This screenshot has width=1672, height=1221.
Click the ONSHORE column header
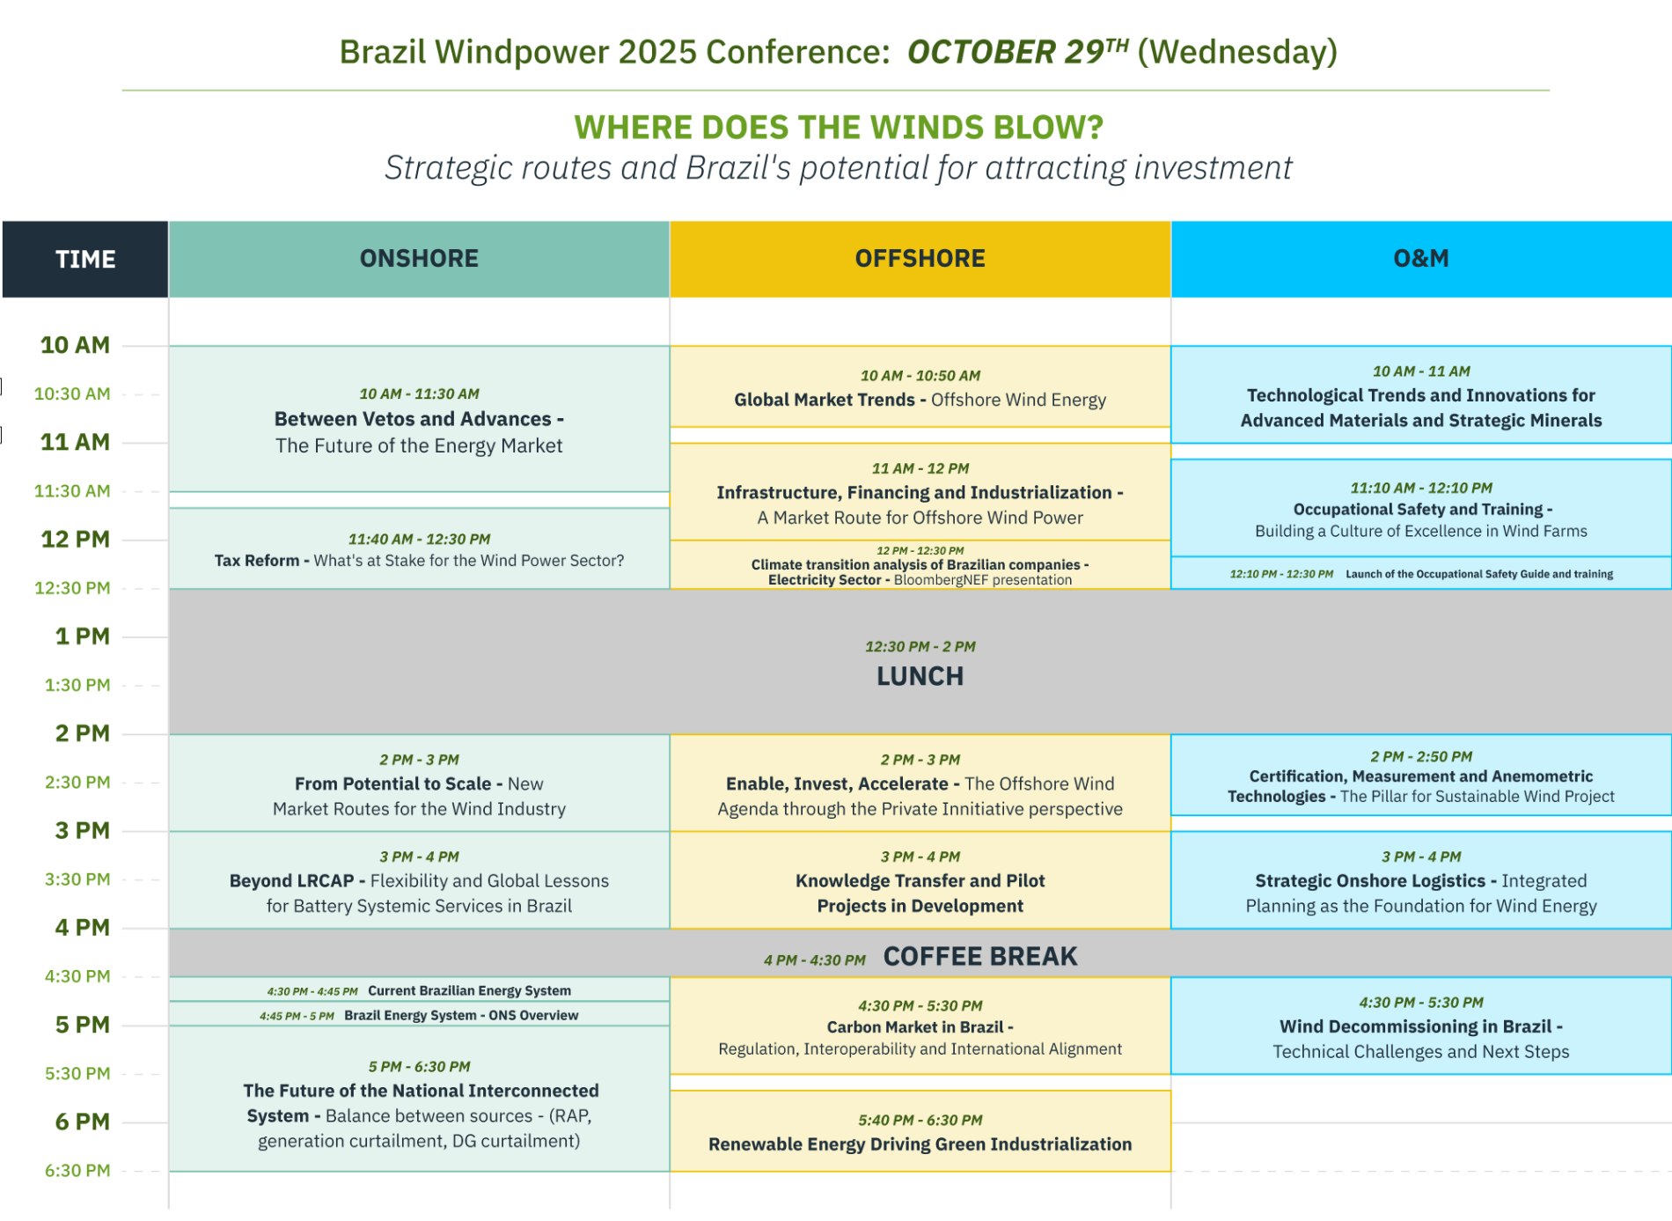click(x=419, y=259)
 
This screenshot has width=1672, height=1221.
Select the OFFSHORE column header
click(x=920, y=259)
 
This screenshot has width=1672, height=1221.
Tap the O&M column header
click(x=1421, y=259)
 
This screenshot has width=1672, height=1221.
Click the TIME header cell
click(x=85, y=259)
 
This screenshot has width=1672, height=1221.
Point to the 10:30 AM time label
click(x=72, y=394)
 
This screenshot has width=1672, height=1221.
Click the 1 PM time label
click(x=83, y=636)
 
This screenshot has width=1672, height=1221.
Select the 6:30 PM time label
click(x=77, y=1171)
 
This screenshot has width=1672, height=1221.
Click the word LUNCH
click(x=920, y=676)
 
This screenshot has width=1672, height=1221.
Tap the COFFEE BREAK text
click(x=980, y=956)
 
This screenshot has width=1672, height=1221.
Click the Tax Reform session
click(x=419, y=548)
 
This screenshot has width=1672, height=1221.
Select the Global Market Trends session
click(x=920, y=387)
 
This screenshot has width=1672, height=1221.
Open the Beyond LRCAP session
click(x=419, y=880)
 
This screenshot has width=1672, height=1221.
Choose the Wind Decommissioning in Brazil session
click(x=1421, y=1026)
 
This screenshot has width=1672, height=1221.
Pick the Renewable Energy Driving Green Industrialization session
click(x=920, y=1131)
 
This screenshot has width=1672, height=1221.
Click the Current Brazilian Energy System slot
click(x=419, y=989)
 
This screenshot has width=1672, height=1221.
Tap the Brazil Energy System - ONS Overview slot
click(x=419, y=1014)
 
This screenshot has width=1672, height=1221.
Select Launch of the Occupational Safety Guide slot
click(x=1421, y=573)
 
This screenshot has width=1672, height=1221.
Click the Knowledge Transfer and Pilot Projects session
click(x=920, y=880)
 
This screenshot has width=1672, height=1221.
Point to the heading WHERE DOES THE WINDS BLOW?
click(x=839, y=128)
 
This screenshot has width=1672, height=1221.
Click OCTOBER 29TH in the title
click(x=1018, y=52)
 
